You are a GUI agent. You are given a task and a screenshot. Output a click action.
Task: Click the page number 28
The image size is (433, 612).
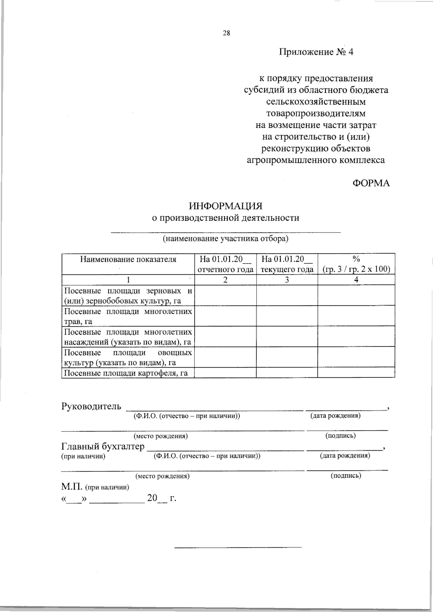226,33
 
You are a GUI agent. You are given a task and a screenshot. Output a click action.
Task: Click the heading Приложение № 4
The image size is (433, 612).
316,52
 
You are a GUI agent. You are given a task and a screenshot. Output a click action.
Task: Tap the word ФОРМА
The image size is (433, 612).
371,183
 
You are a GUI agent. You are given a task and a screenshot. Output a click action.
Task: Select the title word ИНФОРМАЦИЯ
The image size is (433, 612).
226,206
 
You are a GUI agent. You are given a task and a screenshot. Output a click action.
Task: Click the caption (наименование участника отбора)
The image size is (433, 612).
226,239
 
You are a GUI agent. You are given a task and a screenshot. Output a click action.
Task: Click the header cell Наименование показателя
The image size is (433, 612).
128,259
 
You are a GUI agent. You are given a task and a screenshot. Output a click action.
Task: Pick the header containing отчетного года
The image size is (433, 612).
226,269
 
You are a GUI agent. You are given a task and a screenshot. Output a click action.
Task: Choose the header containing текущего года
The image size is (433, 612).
287,269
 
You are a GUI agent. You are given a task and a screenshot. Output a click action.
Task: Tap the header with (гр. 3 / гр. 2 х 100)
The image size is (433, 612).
356,269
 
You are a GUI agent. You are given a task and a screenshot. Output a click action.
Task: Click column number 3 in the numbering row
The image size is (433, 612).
287,280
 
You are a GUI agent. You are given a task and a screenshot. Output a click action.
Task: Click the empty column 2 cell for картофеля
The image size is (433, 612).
226,373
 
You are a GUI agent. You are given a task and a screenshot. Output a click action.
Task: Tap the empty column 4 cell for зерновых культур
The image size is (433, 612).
356,295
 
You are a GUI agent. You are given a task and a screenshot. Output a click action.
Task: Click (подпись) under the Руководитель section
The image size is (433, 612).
341,435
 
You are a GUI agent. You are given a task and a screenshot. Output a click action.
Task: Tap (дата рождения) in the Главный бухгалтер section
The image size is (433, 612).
345,456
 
